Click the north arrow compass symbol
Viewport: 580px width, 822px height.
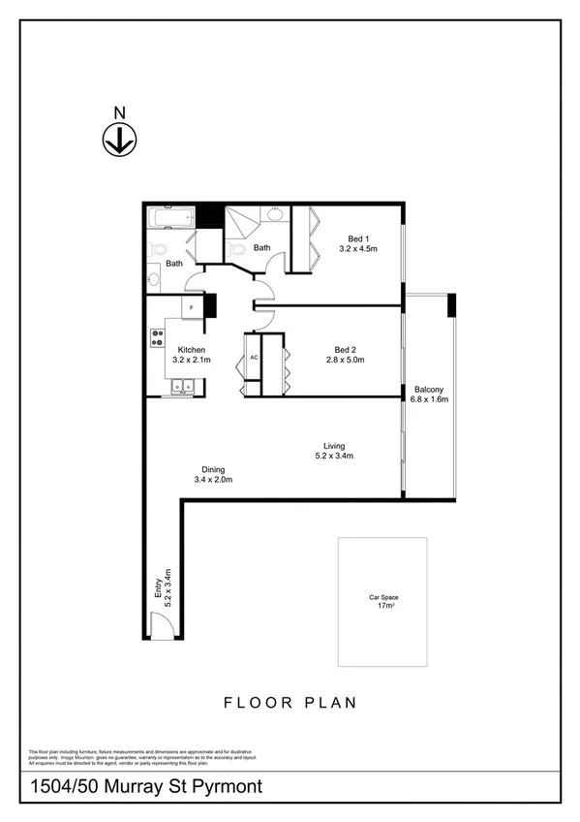(x=118, y=142)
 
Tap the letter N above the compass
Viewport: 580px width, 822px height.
(x=118, y=112)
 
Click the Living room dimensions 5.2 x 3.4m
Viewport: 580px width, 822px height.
(x=334, y=456)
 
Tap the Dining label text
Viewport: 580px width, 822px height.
(x=213, y=469)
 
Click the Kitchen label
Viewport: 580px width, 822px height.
(x=191, y=349)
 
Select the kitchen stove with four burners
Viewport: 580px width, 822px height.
(x=156, y=338)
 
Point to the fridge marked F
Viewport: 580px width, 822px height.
(x=192, y=307)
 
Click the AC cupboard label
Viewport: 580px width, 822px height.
(x=254, y=358)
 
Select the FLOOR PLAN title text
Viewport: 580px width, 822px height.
(x=290, y=702)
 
